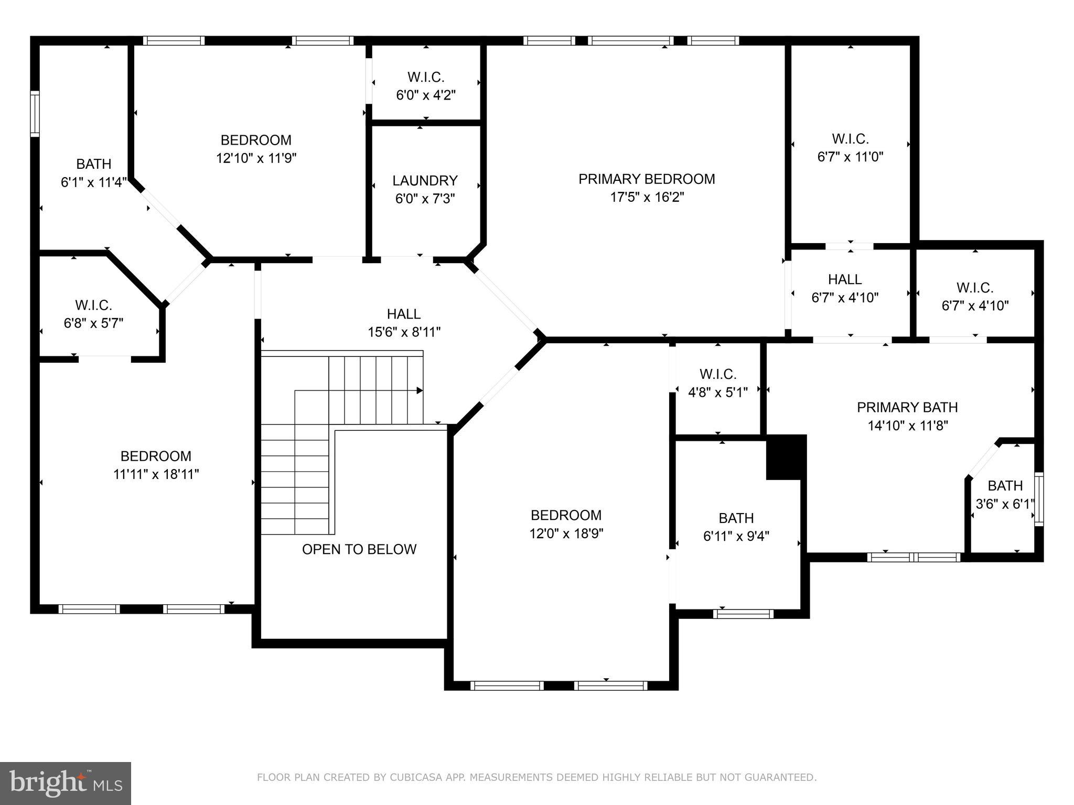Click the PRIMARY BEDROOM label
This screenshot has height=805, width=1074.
[x=646, y=179]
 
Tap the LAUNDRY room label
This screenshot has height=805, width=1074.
[x=425, y=181]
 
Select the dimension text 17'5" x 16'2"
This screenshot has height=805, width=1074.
[x=647, y=198]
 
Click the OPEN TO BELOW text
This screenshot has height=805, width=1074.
[x=359, y=549]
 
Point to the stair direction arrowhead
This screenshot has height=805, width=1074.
[x=420, y=390]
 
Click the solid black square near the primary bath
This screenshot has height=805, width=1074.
[x=786, y=457]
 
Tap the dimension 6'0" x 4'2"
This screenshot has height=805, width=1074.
[x=425, y=95]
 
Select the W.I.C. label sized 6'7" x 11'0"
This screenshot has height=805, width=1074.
[x=850, y=139]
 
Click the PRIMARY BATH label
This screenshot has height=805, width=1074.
[x=907, y=407]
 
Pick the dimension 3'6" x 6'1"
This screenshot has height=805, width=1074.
[x=1004, y=504]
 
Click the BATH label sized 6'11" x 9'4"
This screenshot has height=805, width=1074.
[x=736, y=518]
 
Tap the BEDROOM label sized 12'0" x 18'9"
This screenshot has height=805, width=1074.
[x=566, y=515]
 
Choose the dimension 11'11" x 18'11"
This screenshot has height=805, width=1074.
[x=156, y=474]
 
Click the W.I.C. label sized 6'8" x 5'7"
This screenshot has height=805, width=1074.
[x=93, y=305]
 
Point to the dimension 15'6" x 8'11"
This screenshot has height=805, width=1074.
[x=404, y=332]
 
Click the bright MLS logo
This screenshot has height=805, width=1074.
[x=65, y=783]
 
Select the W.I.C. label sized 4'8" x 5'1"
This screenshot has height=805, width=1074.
[x=717, y=374]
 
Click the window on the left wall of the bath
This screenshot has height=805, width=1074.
[x=35, y=114]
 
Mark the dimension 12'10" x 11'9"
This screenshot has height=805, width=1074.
[x=256, y=158]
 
